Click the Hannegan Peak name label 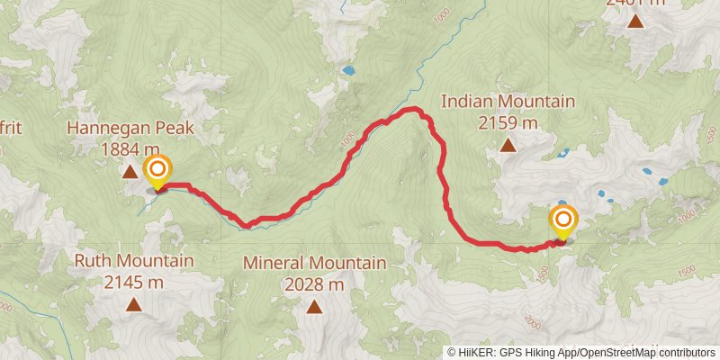131,129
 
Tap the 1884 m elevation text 131,148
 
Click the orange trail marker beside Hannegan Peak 157,169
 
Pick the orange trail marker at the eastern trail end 564,220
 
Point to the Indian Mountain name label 508,101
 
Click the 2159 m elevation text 508,121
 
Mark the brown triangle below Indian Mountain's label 508,144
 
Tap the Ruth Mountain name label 134,262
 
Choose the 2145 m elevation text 134,283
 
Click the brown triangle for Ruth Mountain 134,305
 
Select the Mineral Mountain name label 314,264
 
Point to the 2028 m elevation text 314,284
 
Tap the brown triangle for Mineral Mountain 314,307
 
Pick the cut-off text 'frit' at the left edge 10,129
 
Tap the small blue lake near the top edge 346,69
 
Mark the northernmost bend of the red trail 414,109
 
